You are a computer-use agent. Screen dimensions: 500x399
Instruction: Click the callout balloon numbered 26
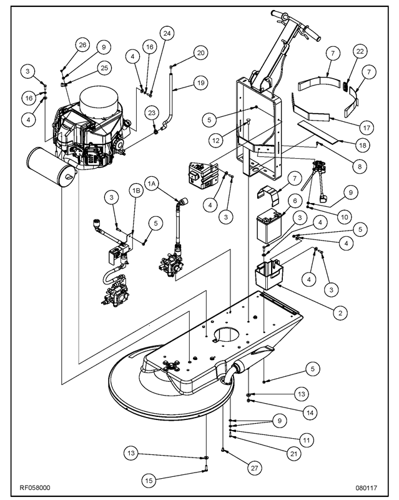coord(82,44)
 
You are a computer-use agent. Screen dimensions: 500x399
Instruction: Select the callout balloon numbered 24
coord(165,32)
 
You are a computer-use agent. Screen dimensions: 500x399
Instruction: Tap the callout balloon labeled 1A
coord(152,184)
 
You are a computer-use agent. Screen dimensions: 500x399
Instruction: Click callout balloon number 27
coord(254,467)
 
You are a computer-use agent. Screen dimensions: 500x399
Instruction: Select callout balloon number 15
coord(148,480)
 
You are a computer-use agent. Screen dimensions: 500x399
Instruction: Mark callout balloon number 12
coord(215,141)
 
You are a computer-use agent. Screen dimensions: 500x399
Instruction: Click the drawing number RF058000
coord(35,487)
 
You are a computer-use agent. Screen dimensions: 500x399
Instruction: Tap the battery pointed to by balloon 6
coord(271,223)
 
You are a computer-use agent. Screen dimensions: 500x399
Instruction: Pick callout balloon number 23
coord(152,113)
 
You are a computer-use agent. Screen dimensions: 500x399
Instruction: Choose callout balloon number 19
coord(200,83)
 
